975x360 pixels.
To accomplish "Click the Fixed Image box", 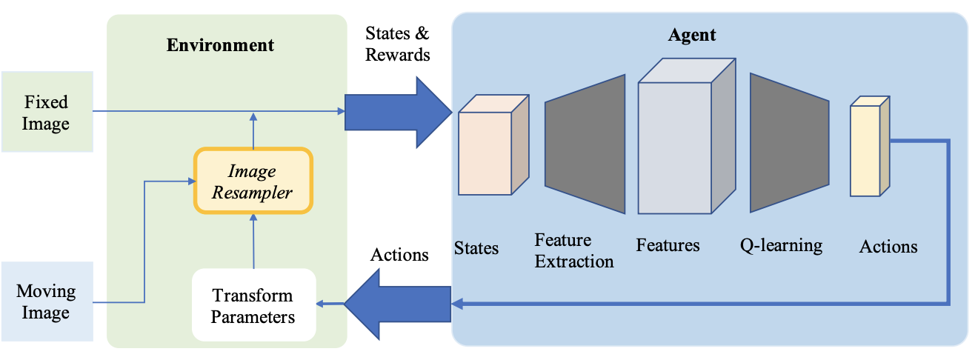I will (x=47, y=112).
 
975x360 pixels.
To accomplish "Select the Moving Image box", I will (x=46, y=301).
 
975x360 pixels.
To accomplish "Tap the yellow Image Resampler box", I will (x=253, y=181).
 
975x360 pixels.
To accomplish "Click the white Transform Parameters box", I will (x=253, y=306).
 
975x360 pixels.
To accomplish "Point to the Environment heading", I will (x=220, y=45).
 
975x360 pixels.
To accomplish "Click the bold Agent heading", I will (x=691, y=34).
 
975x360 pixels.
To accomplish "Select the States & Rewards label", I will (x=398, y=44).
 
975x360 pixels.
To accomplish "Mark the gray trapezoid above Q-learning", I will (x=789, y=143).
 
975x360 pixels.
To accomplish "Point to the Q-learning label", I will (x=781, y=245).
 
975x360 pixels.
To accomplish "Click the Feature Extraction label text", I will (x=574, y=250).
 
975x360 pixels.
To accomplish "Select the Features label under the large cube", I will (x=668, y=245).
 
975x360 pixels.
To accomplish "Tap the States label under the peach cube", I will (x=476, y=247).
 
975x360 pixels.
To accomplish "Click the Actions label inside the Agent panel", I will (x=888, y=247).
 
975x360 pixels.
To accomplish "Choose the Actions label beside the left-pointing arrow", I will (x=399, y=255).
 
